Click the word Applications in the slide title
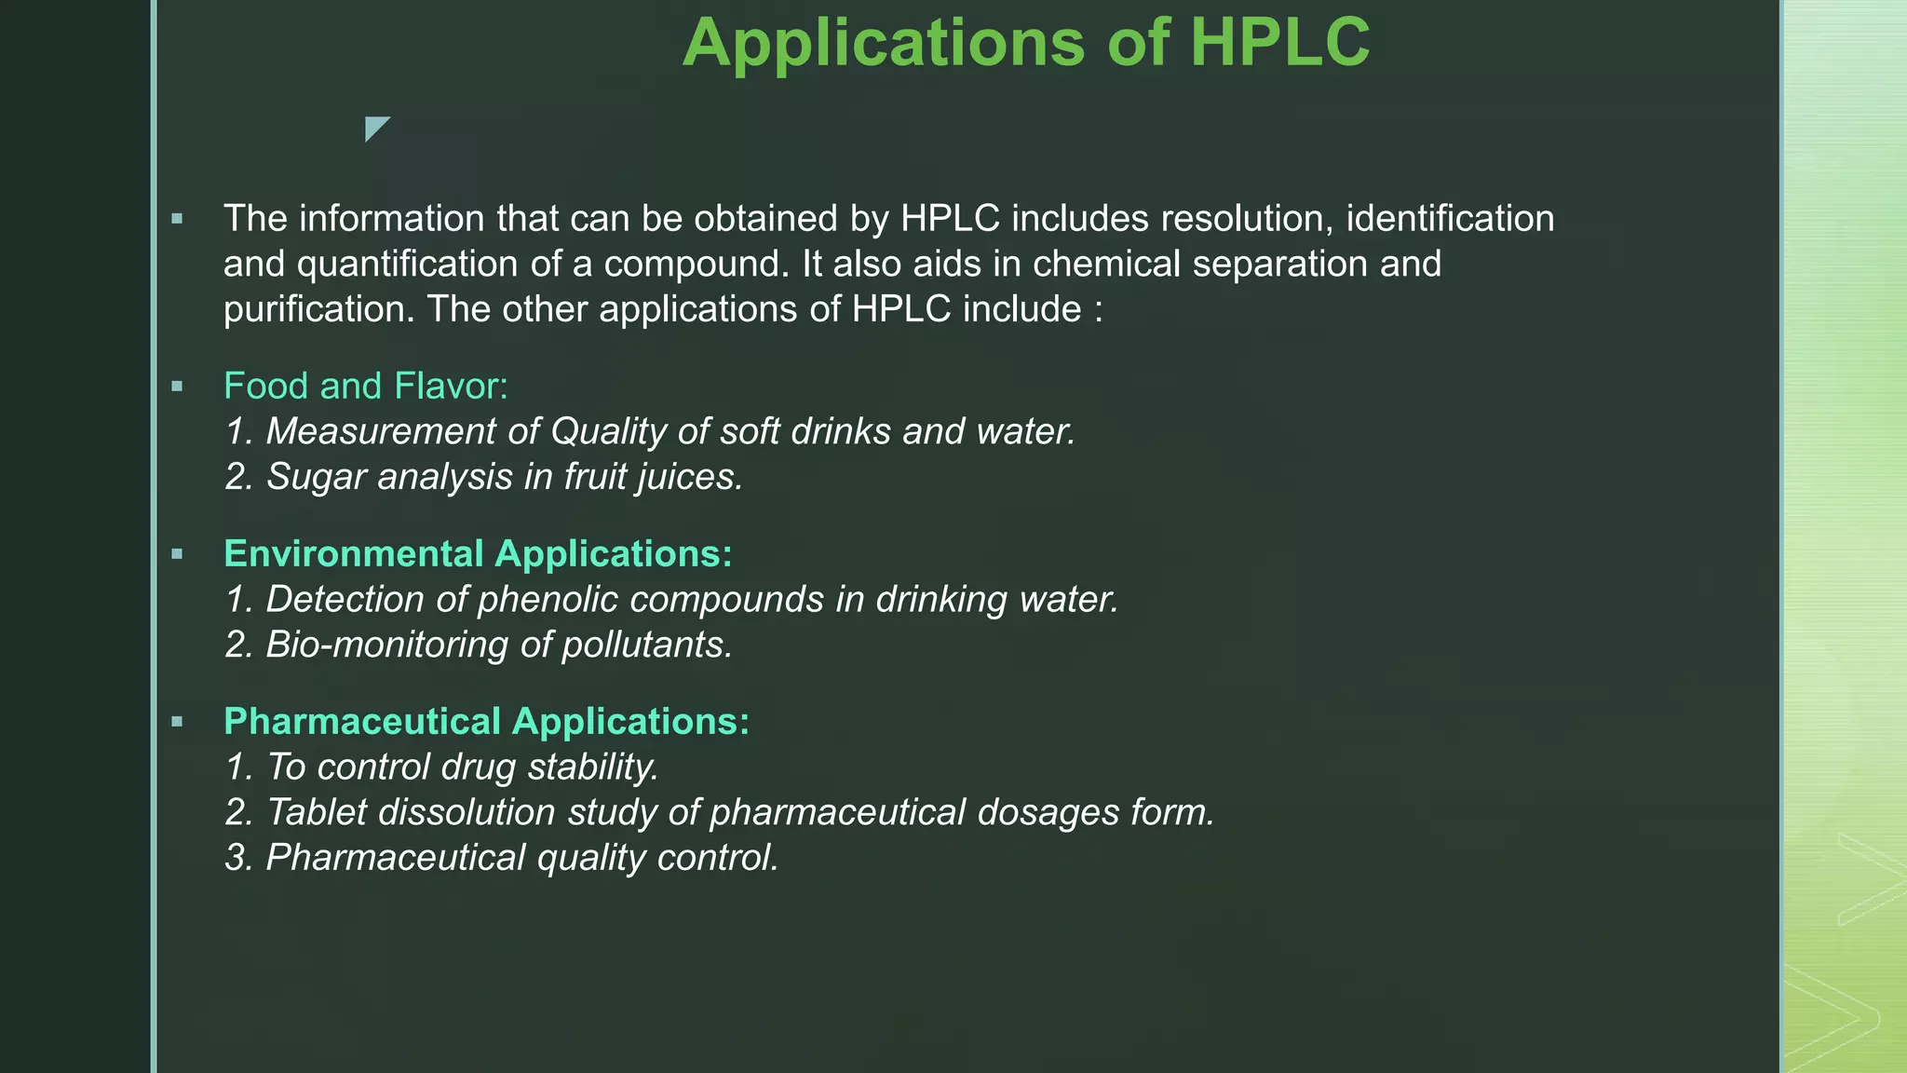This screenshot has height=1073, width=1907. (x=883, y=43)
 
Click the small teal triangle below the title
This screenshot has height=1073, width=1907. (x=375, y=128)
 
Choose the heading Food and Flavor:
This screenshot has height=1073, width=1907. (x=366, y=386)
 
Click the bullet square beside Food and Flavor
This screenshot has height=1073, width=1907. (x=177, y=387)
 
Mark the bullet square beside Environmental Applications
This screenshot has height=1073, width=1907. (x=177, y=554)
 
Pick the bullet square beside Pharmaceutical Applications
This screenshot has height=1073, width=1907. (x=177, y=722)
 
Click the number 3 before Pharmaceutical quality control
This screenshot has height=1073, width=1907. (x=237, y=858)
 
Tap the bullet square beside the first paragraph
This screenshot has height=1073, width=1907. (x=177, y=220)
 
